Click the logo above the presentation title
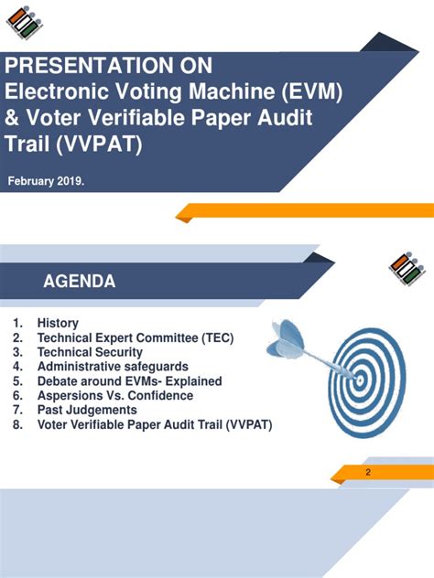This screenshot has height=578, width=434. tap(25, 23)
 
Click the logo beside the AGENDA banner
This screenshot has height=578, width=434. tap(407, 269)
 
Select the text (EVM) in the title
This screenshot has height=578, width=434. tap(312, 91)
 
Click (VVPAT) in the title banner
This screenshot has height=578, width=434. tap(99, 144)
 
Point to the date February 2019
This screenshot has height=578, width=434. tap(46, 181)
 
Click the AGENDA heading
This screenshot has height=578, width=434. tap(80, 282)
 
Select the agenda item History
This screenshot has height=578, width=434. tap(58, 323)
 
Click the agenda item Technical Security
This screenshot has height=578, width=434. tap(90, 352)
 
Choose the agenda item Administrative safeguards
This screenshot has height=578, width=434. tap(113, 367)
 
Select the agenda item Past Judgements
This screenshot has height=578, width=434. tap(87, 410)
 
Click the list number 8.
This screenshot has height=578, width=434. tap(17, 424)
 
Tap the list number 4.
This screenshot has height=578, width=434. tap(17, 367)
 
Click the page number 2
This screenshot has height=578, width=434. tap(368, 472)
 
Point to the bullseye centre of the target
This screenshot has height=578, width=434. tap(360, 380)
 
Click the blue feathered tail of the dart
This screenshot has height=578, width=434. tap(286, 339)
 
